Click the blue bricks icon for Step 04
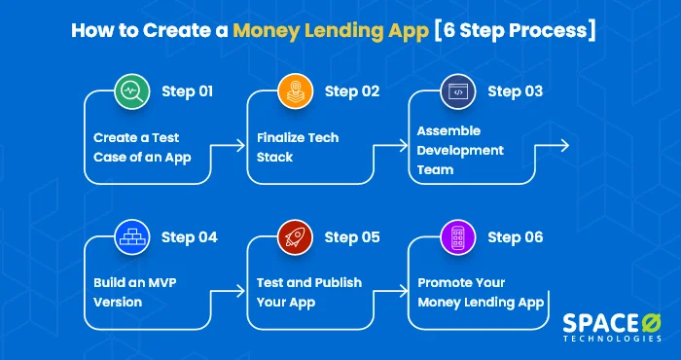pyautogui.click(x=129, y=236)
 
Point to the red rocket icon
pyautogui.click(x=294, y=236)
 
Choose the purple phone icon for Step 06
pyautogui.click(x=455, y=236)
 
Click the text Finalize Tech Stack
pyautogui.click(x=298, y=147)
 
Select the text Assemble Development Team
pyautogui.click(x=460, y=151)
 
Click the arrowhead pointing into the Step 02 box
pyautogui.click(x=241, y=146)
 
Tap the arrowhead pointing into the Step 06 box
pyautogui.click(x=405, y=290)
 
